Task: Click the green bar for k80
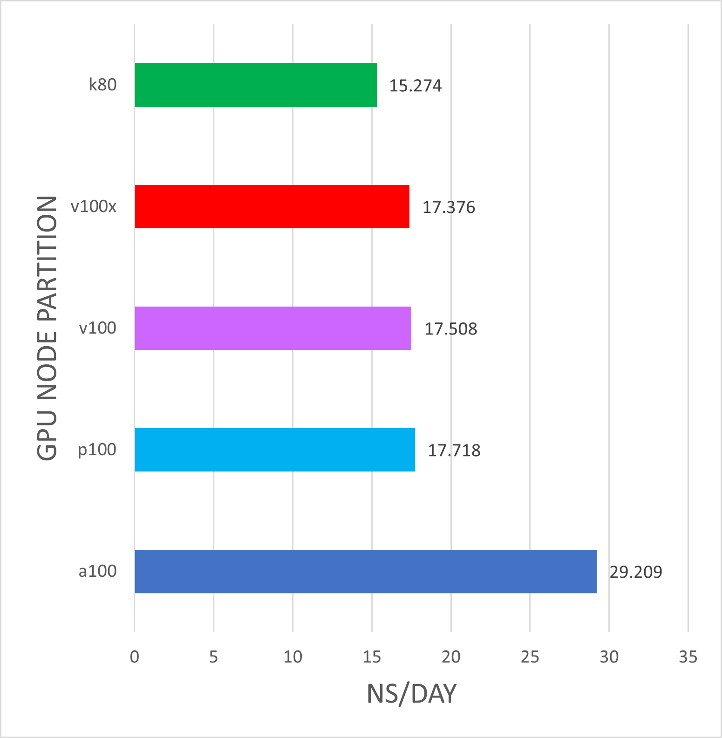coord(256,85)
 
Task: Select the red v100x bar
coord(272,206)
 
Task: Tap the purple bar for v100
coord(273,328)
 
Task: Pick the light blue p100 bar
coord(275,450)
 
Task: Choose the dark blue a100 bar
coord(366,571)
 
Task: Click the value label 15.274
coord(415,86)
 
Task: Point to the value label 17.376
coord(449,207)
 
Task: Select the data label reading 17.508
coord(450,329)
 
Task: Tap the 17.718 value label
coord(454,451)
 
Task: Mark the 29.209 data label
coord(636,572)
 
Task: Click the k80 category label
coord(103,85)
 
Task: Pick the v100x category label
coord(94,206)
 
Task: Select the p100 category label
coord(97,450)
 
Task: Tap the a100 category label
coord(97,571)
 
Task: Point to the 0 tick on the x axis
coord(135,657)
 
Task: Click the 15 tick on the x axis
coord(372,657)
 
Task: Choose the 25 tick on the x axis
coord(530,657)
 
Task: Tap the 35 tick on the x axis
coord(688,657)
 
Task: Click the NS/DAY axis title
coord(411,694)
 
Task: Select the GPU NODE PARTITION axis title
coord(48,328)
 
